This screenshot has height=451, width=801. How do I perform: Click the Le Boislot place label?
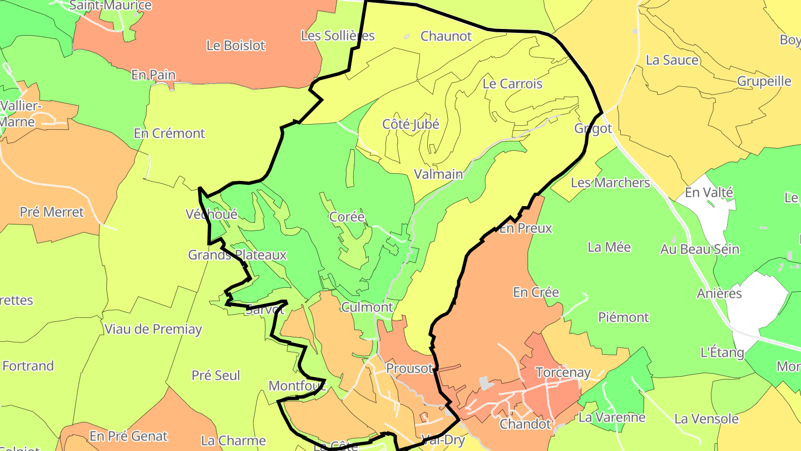(236, 46)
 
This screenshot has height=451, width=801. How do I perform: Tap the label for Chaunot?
(446, 36)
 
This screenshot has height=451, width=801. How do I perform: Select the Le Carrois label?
(512, 84)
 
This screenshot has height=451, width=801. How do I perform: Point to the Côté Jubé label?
(411, 124)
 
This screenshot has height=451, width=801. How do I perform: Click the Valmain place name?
(438, 174)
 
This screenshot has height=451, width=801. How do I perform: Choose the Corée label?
(347, 217)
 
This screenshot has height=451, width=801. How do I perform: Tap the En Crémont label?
(169, 134)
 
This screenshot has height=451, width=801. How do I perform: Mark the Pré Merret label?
(52, 212)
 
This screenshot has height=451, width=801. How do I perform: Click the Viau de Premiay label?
(153, 329)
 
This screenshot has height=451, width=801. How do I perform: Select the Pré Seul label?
(216, 375)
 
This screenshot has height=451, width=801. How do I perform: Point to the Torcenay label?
(562, 372)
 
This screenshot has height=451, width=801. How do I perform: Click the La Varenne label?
(612, 417)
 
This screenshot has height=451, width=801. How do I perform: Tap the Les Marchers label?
(610, 183)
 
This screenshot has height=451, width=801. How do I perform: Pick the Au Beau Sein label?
(700, 249)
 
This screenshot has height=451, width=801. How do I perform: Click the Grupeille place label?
(764, 81)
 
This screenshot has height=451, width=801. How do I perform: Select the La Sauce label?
(672, 60)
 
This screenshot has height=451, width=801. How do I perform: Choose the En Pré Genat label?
(128, 436)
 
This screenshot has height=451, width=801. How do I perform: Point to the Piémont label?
(624, 317)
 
